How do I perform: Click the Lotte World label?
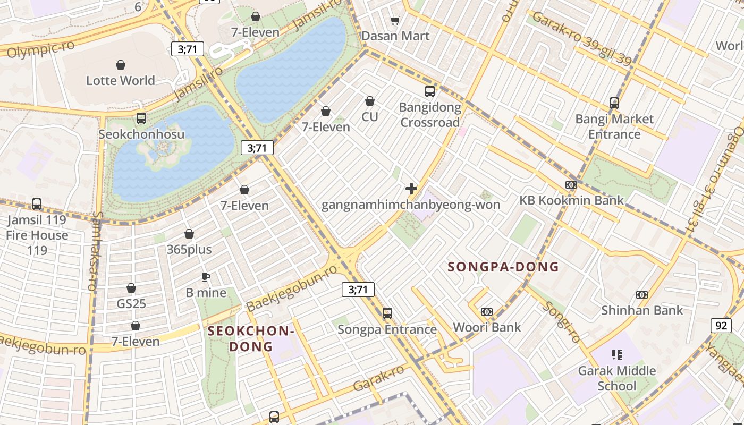(121, 81)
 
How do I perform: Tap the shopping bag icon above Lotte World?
(121, 65)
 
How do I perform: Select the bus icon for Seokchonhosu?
(141, 118)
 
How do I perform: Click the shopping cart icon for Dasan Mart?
(395, 20)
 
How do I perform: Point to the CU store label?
(370, 116)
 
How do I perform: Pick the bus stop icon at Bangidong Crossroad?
(430, 91)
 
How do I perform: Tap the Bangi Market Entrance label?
(614, 126)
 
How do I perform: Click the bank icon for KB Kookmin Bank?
(571, 185)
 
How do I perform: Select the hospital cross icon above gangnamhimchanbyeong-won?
(411, 189)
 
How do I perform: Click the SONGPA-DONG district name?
(503, 267)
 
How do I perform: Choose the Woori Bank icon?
(487, 312)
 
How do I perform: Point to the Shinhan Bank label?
(642, 310)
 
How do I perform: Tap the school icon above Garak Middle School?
(617, 354)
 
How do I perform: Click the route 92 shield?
(721, 325)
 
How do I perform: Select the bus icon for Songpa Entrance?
(387, 313)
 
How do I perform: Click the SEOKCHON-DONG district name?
(251, 339)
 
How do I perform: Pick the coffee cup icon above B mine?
(206, 277)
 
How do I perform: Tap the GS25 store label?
(131, 304)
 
